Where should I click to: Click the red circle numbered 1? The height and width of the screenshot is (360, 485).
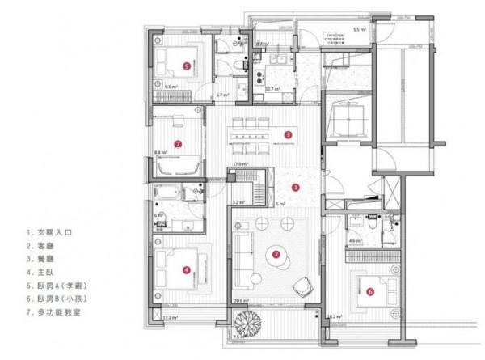coord(295,187)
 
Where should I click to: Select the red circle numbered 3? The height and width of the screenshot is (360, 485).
coord(287,134)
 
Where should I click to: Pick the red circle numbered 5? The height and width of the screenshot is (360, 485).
coord(186,66)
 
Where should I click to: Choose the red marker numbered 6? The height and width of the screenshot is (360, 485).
coord(369,292)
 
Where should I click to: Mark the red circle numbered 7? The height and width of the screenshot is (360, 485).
coord(177,145)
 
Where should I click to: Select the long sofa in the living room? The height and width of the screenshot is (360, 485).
coord(242,259)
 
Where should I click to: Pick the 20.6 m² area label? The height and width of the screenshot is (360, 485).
coord(239,301)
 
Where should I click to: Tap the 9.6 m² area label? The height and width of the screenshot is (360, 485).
coord(171,87)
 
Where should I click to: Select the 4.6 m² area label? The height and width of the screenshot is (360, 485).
coord(354,241)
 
